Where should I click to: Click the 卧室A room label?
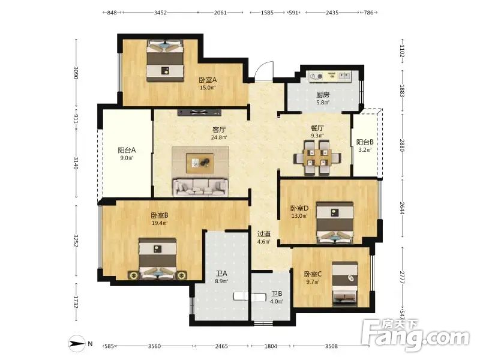pyautogui.click(x=208, y=80)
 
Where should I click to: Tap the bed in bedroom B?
pyautogui.click(x=158, y=259)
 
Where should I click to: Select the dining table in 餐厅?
pyautogui.click(x=317, y=158)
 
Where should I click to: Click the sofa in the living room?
pyautogui.click(x=200, y=187)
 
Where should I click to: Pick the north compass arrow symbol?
pyautogui.click(x=77, y=344)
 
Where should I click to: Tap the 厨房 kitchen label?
pyautogui.click(x=323, y=95)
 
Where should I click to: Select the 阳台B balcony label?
pyautogui.click(x=365, y=142)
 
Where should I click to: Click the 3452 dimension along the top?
pyautogui.click(x=160, y=13)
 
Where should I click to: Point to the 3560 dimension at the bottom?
pyautogui.click(x=154, y=346)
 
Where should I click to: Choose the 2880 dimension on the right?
pyautogui.click(x=402, y=145)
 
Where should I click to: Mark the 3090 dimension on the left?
pyautogui.click(x=76, y=73)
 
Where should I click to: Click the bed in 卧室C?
pyautogui.click(x=345, y=284)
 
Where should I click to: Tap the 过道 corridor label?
pyautogui.click(x=263, y=234)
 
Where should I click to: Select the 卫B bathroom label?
pyautogui.click(x=277, y=294)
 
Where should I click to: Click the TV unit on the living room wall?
pyautogui.click(x=199, y=112)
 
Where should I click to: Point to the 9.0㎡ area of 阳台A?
pyautogui.click(x=127, y=158)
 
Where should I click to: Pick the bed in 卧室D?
pyautogui.click(x=335, y=222)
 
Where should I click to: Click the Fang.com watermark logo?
pyautogui.click(x=415, y=336)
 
